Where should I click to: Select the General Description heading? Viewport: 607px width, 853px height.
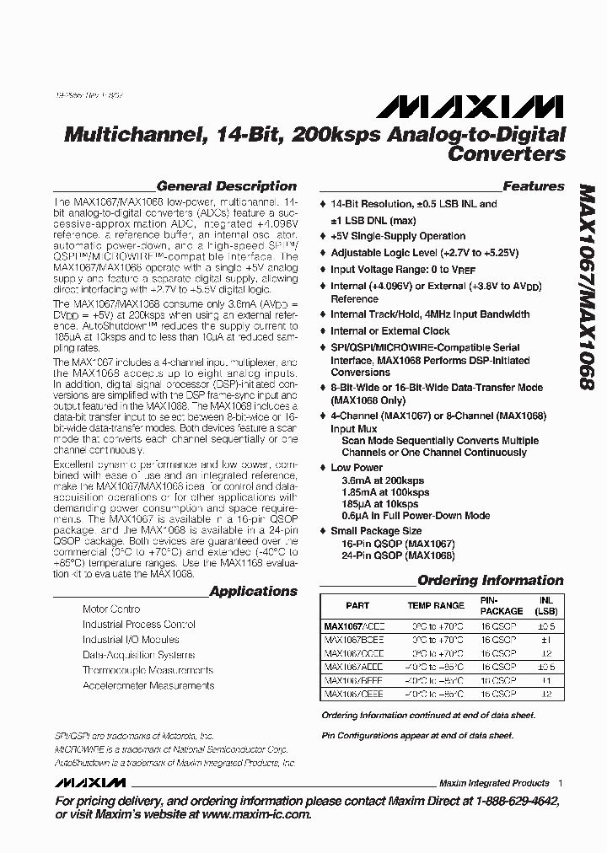227,186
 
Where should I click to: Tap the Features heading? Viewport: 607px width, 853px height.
533,186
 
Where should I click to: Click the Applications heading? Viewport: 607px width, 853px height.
253,592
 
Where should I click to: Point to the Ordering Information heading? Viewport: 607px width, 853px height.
490,580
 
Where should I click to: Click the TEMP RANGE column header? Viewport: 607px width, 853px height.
435,606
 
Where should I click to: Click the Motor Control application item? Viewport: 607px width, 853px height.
111,609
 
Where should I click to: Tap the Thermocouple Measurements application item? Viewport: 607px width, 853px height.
148,670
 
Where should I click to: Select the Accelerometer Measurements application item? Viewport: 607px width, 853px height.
148,686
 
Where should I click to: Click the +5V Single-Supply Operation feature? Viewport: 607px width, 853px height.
398,236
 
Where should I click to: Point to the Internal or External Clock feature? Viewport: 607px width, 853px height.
390,331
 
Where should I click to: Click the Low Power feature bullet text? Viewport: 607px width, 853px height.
357,467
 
